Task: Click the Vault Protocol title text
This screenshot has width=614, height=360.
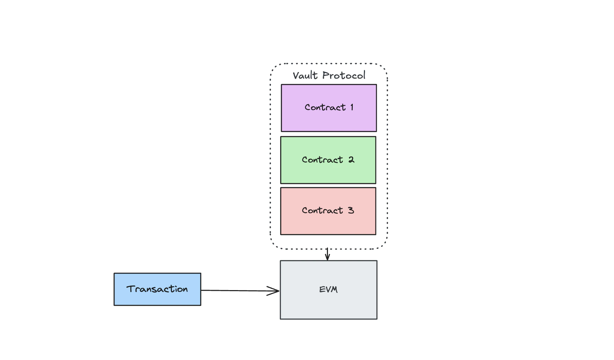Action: tap(329, 75)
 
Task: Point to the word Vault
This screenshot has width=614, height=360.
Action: tap(305, 75)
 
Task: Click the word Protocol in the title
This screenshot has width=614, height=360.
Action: tap(344, 75)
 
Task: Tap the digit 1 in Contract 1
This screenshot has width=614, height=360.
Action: tap(352, 107)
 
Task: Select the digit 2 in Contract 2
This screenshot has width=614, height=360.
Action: tap(351, 160)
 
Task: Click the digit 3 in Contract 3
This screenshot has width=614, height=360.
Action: tap(351, 210)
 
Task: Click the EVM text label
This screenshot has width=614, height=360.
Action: tap(328, 289)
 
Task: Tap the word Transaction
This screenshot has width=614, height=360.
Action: tap(157, 289)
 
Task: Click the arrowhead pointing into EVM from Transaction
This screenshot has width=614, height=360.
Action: tap(275, 291)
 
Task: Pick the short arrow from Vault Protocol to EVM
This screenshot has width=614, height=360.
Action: tap(327, 255)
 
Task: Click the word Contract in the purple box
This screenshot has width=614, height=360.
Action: tap(325, 107)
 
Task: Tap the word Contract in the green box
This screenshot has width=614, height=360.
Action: tap(322, 160)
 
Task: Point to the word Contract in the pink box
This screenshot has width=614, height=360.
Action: tap(322, 210)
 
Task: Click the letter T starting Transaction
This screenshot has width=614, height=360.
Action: tap(131, 289)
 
